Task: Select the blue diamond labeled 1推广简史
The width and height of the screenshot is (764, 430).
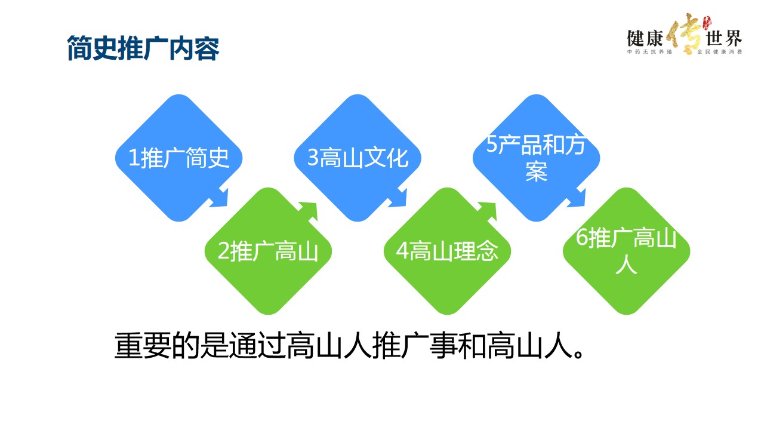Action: pos(178,158)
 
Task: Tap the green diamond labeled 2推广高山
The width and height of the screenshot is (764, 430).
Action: pos(268,251)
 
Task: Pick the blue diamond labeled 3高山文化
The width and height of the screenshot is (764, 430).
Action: pos(358,158)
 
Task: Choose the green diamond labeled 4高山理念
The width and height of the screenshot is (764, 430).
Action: pos(447,251)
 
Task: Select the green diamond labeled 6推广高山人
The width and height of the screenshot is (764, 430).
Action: pos(626,251)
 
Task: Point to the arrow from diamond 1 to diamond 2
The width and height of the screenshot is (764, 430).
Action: pos(220,198)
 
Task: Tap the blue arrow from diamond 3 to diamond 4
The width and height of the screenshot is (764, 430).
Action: pos(399,198)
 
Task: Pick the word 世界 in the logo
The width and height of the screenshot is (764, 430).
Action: pos(723,39)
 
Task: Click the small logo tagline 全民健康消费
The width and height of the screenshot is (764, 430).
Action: pos(719,53)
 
